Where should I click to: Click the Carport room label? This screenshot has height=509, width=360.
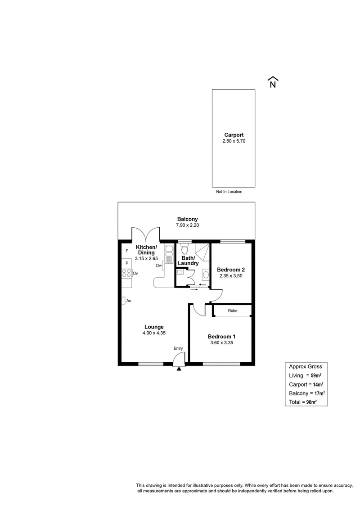[x=234, y=135]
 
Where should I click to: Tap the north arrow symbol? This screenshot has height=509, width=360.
[x=273, y=82]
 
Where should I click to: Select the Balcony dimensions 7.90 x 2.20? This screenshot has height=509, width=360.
[x=187, y=225]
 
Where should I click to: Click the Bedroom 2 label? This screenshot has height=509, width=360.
[x=231, y=270]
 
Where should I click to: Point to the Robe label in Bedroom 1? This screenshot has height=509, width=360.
[x=233, y=311]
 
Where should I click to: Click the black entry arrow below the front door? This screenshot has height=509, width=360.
[x=179, y=368]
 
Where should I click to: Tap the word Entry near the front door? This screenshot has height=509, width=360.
[x=178, y=348]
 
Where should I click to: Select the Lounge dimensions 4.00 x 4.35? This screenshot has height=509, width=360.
[x=154, y=333]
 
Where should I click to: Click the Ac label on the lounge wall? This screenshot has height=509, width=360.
[x=129, y=301]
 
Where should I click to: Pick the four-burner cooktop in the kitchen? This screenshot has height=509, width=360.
[x=126, y=273]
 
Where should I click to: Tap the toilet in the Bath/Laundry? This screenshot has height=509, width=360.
[x=184, y=249]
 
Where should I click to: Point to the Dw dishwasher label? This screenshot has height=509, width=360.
[x=159, y=266]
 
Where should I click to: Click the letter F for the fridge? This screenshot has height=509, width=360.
[x=127, y=251]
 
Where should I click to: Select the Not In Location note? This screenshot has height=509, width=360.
[x=229, y=192]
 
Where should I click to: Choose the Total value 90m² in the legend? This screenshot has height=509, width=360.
[x=312, y=402]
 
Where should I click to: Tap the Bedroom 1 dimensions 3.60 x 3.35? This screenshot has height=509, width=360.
[x=222, y=343]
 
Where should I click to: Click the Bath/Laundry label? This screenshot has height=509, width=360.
[x=188, y=261]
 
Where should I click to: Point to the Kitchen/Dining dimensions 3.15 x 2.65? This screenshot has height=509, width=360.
[x=146, y=259]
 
